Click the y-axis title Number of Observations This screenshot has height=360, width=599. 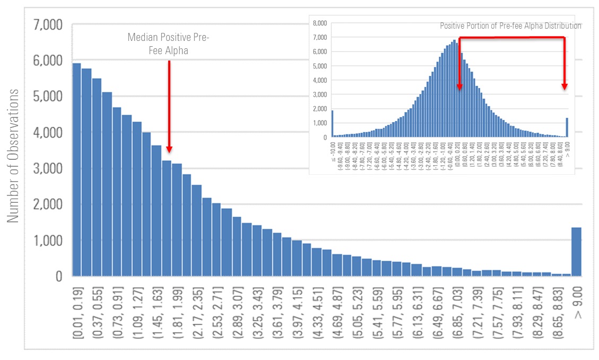(x=13, y=156)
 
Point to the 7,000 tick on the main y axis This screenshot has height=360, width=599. (x=48, y=25)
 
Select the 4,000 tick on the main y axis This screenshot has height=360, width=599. (x=48, y=133)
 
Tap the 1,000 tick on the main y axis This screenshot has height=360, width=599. (x=48, y=241)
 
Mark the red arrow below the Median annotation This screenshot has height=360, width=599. (x=169, y=106)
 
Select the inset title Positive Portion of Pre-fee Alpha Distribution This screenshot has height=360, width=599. (x=510, y=25)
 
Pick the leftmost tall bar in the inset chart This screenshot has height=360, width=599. (x=333, y=124)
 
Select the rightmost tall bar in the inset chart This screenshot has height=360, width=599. (x=567, y=127)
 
